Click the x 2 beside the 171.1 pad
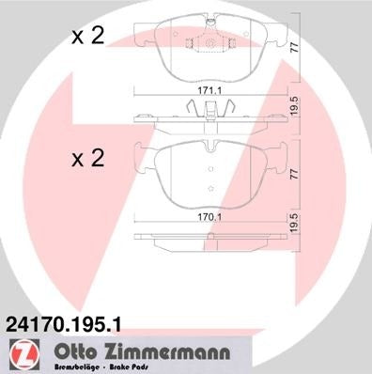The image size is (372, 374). [88, 38]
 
